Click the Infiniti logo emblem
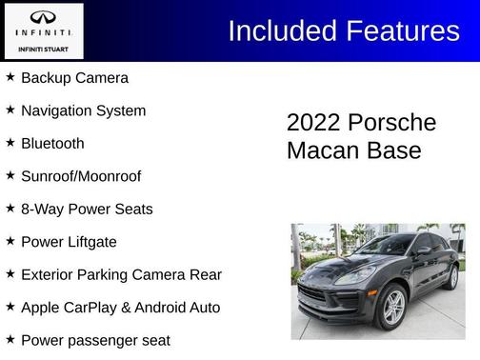point(43,17)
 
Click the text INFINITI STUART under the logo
point(43,47)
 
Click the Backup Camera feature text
point(74,78)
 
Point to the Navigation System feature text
point(83,110)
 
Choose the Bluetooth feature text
point(52,144)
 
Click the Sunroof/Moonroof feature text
point(81,176)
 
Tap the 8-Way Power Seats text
point(87,209)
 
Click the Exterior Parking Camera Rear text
point(121,274)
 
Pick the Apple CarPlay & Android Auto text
point(120,308)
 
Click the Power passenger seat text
point(95,340)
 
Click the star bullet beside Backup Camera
point(10,77)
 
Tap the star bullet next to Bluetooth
point(10,143)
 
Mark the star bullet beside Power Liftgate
point(10,241)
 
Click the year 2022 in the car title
point(313,123)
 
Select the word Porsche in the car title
point(391,123)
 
